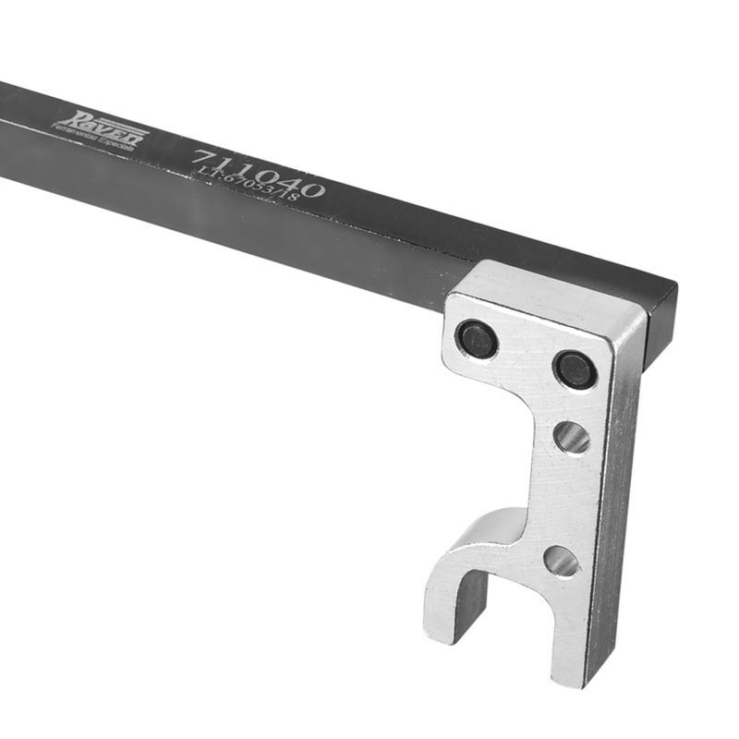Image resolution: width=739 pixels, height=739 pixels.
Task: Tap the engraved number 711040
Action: pos(259,171)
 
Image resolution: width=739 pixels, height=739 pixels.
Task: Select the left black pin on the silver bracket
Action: pos(478,339)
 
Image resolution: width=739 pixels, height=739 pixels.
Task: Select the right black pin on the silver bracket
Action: pos(575,369)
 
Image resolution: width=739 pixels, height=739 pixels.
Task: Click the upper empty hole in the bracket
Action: pos(572,437)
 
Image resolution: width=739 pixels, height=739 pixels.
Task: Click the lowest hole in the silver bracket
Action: pos(561,561)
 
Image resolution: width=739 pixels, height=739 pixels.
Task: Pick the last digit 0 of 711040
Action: pos(311,189)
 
